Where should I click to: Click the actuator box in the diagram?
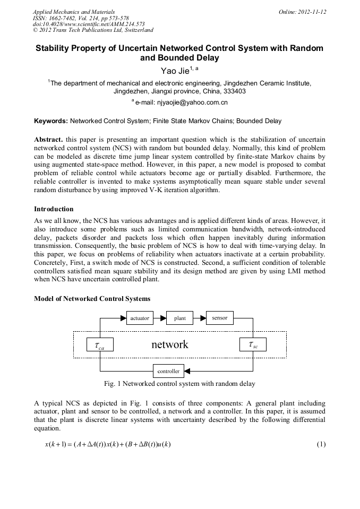[x=140, y=318]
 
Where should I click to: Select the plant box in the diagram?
[x=179, y=318]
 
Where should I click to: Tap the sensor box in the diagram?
[x=219, y=318]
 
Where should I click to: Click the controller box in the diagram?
[x=168, y=371]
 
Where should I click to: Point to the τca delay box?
[x=99, y=345]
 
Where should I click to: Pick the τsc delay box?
[x=253, y=344]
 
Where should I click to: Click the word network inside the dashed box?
[x=170, y=344]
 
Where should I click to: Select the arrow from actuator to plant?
[x=159, y=318]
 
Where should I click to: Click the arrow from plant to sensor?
[x=199, y=318]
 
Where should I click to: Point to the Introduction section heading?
[x=54, y=209]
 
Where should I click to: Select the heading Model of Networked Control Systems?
[x=92, y=299]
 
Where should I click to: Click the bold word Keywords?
[x=50, y=121]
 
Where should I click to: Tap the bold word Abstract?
[x=48, y=139]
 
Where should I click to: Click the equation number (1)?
[x=321, y=444]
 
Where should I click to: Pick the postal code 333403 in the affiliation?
[x=233, y=91]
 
